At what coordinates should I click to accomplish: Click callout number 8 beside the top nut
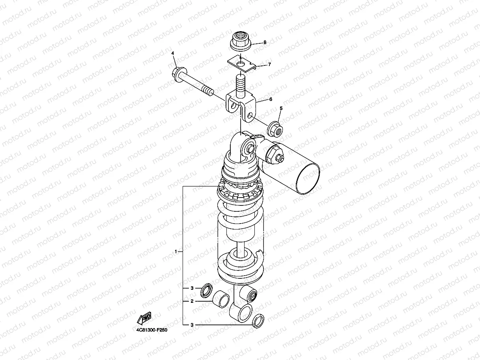(265, 43)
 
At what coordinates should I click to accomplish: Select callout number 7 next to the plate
(269, 65)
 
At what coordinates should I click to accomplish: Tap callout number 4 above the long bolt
(173, 53)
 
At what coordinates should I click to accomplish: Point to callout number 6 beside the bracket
(271, 99)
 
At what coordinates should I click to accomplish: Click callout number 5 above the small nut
(281, 108)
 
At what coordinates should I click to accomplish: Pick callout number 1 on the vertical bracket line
(176, 252)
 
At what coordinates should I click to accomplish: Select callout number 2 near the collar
(192, 301)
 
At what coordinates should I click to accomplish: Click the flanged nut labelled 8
(241, 41)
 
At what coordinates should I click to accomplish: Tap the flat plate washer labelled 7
(241, 65)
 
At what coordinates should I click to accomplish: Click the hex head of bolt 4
(179, 74)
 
